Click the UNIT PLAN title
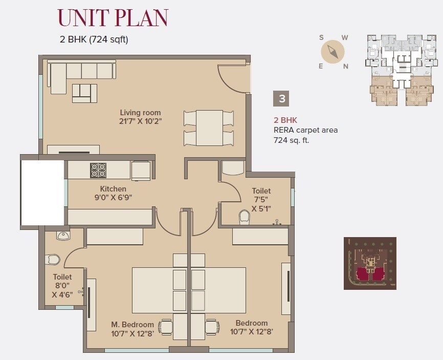point(113,18)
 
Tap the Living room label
point(140,113)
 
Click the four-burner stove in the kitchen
point(98,170)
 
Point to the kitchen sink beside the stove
point(141,170)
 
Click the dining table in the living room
point(209,128)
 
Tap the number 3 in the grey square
point(281,97)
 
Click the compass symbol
point(333,52)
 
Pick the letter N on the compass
point(346,66)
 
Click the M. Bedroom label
point(132,325)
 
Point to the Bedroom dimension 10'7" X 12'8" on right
point(251,331)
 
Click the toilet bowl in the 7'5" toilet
point(244,217)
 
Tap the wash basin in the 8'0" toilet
point(63,236)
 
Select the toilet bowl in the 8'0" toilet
point(53,260)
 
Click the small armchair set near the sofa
point(84,93)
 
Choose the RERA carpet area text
point(305,130)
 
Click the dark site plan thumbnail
point(370,263)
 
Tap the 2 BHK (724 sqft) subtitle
point(94,39)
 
